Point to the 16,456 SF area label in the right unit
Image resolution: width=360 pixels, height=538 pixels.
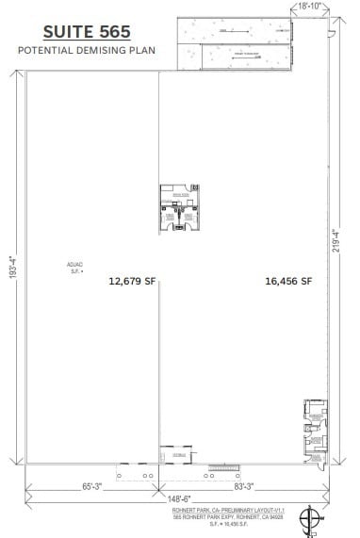pyautogui.click(x=288, y=280)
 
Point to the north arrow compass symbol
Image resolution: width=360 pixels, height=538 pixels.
pyautogui.click(x=309, y=519)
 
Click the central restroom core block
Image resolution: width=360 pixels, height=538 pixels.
pyautogui.click(x=179, y=207)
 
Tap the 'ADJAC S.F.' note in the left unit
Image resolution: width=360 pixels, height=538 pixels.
pyautogui.click(x=74, y=269)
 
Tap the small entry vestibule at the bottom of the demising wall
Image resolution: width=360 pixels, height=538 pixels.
pyautogui.click(x=172, y=455)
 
